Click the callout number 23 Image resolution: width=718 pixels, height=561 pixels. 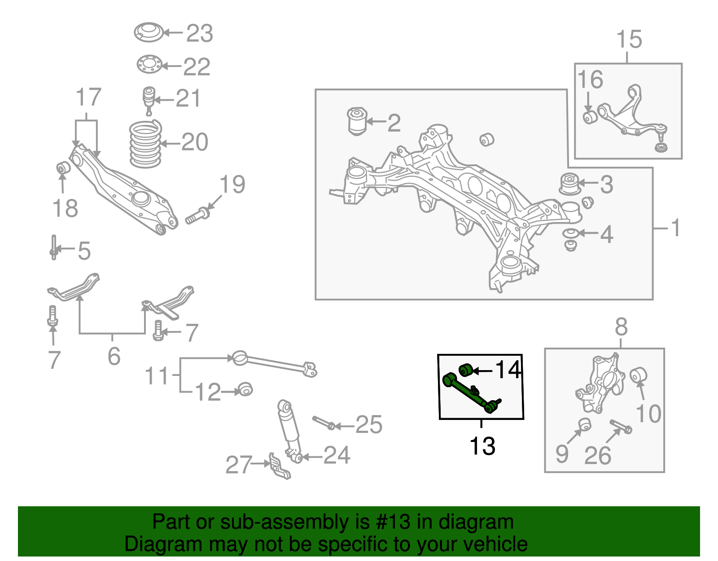[x=199, y=34]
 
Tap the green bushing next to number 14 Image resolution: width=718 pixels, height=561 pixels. [x=466, y=371]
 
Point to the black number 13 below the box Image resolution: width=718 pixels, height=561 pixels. [x=482, y=446]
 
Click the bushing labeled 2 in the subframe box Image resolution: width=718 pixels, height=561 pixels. [x=357, y=121]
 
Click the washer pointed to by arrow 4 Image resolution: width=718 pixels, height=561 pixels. [x=570, y=234]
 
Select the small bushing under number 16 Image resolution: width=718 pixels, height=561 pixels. [x=589, y=118]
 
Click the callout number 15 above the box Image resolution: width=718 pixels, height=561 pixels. [x=629, y=40]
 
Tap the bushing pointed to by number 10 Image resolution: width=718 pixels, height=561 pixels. [x=638, y=375]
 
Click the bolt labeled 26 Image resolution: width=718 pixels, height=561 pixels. [x=621, y=426]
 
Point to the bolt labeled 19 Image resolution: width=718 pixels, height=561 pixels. [x=197, y=216]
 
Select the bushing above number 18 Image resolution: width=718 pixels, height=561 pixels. [x=63, y=168]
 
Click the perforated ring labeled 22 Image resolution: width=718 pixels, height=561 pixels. [x=149, y=64]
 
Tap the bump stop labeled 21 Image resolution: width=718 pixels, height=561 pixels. [x=149, y=99]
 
